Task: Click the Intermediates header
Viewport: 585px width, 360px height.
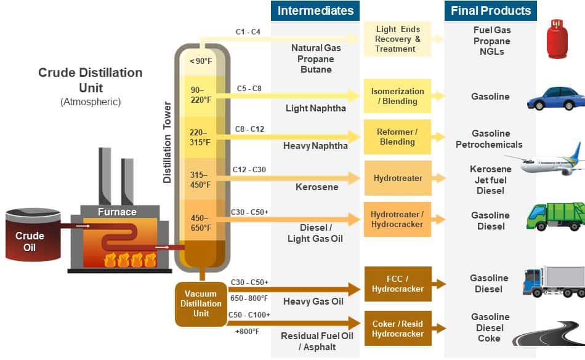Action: tap(315, 10)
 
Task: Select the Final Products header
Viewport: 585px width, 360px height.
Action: tap(490, 10)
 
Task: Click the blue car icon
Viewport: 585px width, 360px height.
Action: tap(556, 98)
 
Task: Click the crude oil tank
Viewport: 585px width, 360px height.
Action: tap(31, 236)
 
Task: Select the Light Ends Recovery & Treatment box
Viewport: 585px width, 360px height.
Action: tap(397, 39)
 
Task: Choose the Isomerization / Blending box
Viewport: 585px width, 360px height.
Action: tap(397, 96)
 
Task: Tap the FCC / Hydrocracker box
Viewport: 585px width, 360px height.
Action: tap(397, 284)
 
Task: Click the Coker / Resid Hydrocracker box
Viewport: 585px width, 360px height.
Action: tap(397, 329)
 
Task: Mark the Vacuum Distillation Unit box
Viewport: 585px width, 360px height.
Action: tap(201, 303)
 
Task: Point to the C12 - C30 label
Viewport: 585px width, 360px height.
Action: tap(249, 169)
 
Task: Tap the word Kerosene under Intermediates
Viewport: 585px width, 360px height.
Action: tap(317, 186)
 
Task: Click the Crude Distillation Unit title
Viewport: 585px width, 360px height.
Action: tap(90, 80)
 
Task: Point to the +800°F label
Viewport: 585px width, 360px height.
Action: tap(247, 332)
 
